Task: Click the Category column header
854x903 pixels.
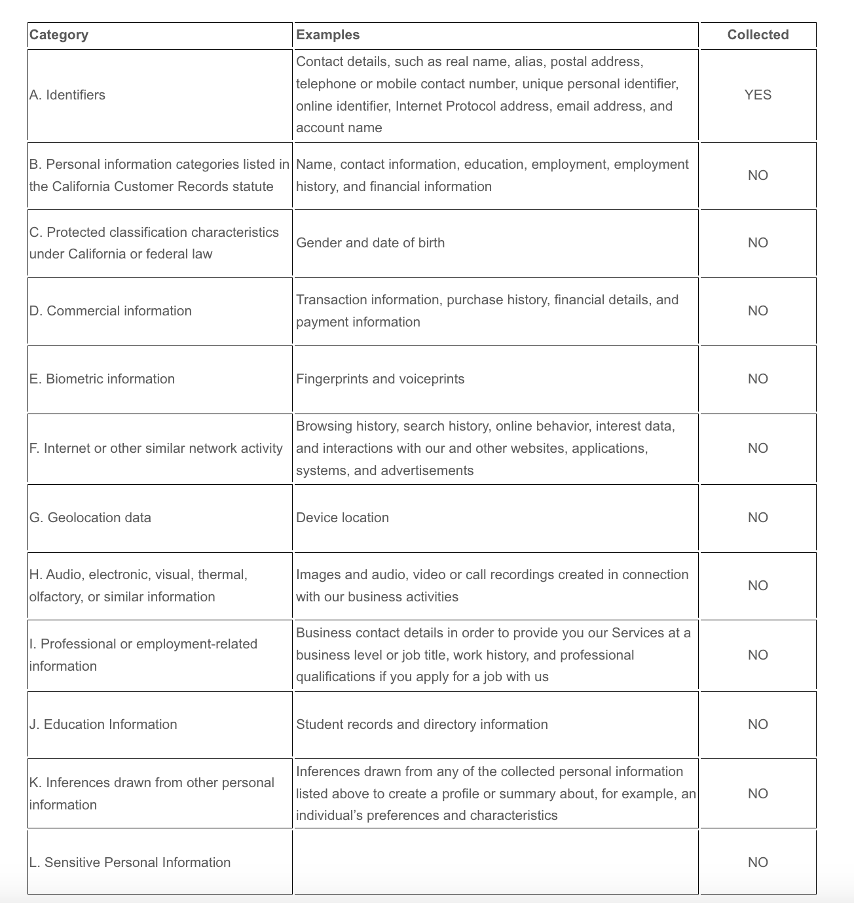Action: pyautogui.click(x=59, y=35)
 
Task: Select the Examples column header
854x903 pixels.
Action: pyautogui.click(x=327, y=35)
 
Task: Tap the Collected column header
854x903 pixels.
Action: pyautogui.click(x=758, y=35)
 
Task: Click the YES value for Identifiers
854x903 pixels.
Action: pyautogui.click(x=758, y=95)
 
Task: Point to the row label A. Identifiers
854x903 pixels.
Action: pyautogui.click(x=67, y=95)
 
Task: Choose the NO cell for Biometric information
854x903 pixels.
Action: pyautogui.click(x=758, y=379)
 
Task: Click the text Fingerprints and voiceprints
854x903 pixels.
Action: pyautogui.click(x=380, y=379)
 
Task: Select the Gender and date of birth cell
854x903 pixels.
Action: pyautogui.click(x=370, y=243)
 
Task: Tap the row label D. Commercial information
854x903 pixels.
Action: pyautogui.click(x=111, y=311)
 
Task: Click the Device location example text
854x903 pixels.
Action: pyautogui.click(x=343, y=518)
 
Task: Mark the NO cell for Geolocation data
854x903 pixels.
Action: pyautogui.click(x=758, y=518)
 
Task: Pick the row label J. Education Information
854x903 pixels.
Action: pyautogui.click(x=103, y=724)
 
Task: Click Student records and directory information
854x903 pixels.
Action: pyautogui.click(x=422, y=724)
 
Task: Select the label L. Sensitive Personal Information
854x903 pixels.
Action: pyautogui.click(x=130, y=862)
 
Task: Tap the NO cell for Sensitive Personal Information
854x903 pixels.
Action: pyautogui.click(x=758, y=862)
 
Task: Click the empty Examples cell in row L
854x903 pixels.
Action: pyautogui.click(x=495, y=862)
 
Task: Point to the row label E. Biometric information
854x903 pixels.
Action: pyautogui.click(x=102, y=379)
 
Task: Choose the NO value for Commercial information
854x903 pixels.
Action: pyautogui.click(x=758, y=311)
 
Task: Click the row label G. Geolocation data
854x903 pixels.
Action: pyautogui.click(x=90, y=518)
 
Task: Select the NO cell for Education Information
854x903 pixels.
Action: pyautogui.click(x=758, y=724)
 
